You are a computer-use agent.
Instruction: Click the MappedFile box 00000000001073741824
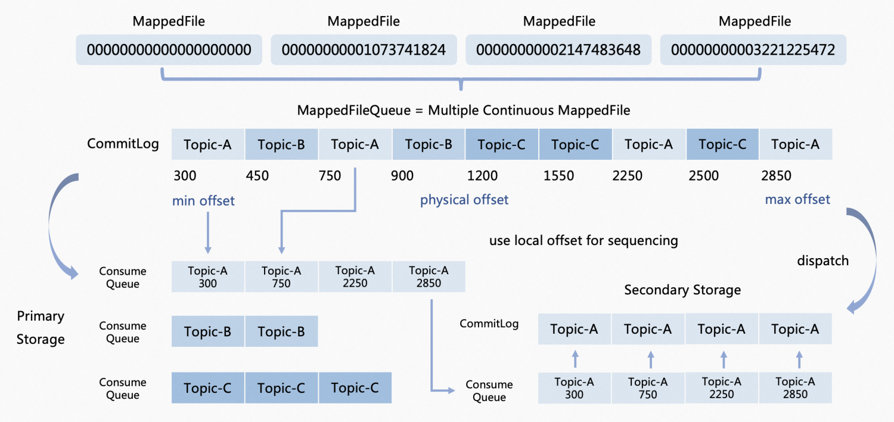tap(364, 49)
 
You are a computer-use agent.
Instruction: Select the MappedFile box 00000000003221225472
tap(753, 49)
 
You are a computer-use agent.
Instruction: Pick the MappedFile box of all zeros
tap(169, 49)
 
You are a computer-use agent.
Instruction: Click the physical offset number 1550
tap(558, 176)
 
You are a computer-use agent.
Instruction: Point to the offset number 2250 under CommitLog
tap(628, 176)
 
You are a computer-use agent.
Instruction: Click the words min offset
tap(203, 201)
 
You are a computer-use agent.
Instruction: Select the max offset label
tap(797, 199)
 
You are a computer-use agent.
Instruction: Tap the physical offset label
tap(464, 200)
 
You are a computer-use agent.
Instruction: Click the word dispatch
tap(822, 260)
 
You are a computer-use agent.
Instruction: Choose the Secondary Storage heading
tap(682, 290)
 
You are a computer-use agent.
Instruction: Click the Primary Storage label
tap(41, 327)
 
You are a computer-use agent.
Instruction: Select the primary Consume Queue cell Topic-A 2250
tap(355, 277)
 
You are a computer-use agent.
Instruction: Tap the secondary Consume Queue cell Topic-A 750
tap(648, 388)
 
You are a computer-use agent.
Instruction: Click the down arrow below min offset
tap(207, 232)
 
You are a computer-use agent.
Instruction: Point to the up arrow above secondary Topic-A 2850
tap(798, 359)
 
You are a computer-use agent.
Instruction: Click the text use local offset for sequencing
tap(583, 241)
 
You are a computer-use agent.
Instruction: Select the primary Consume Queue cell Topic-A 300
tap(207, 277)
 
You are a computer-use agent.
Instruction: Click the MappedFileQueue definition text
tap(463, 110)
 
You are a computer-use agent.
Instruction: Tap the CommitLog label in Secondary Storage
tap(489, 324)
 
